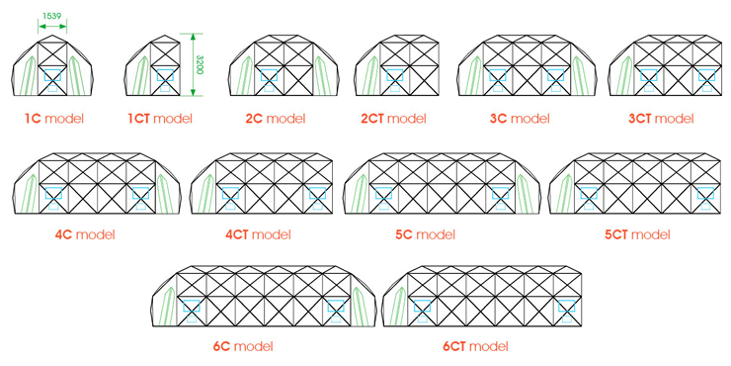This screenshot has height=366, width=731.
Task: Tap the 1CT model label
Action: pos(160,120)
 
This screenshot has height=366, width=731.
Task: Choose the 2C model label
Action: pos(276,120)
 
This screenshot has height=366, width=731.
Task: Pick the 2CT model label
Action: pos(393,120)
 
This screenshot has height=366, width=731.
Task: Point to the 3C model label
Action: pos(519,120)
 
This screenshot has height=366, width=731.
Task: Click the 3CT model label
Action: pos(661,120)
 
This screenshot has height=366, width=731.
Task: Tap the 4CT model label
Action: pos(258,235)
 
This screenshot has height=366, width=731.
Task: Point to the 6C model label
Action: pos(242,347)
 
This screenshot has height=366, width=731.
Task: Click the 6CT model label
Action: pos(476,347)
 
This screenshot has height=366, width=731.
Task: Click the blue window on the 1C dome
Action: pos(52,73)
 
